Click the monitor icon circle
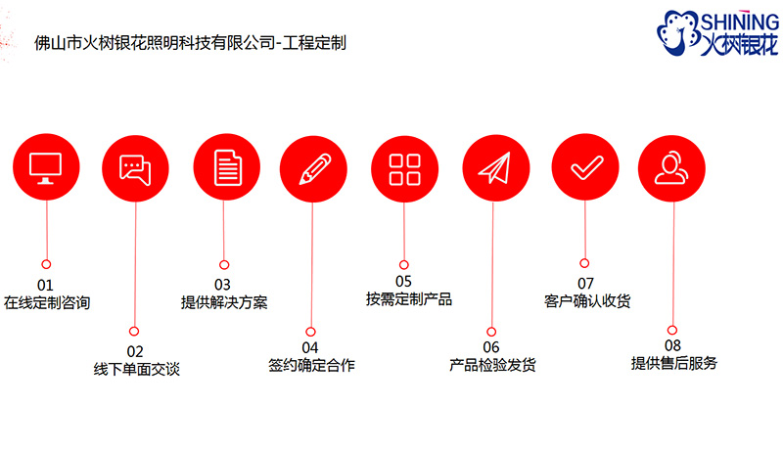46,167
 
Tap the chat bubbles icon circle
135,168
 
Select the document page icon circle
227,167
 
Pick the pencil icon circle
313,169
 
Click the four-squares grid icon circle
404,169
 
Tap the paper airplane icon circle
496,168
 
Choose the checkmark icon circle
585,167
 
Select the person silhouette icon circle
671,168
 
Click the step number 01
45,285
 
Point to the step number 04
309,347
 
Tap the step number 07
585,284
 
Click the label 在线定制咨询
47,303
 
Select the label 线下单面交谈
136,369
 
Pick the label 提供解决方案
224,302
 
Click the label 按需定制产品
408,298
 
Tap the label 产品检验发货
492,365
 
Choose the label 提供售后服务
673,363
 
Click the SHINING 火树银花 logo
717,32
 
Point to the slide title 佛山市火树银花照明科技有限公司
155,43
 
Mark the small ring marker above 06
491,332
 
